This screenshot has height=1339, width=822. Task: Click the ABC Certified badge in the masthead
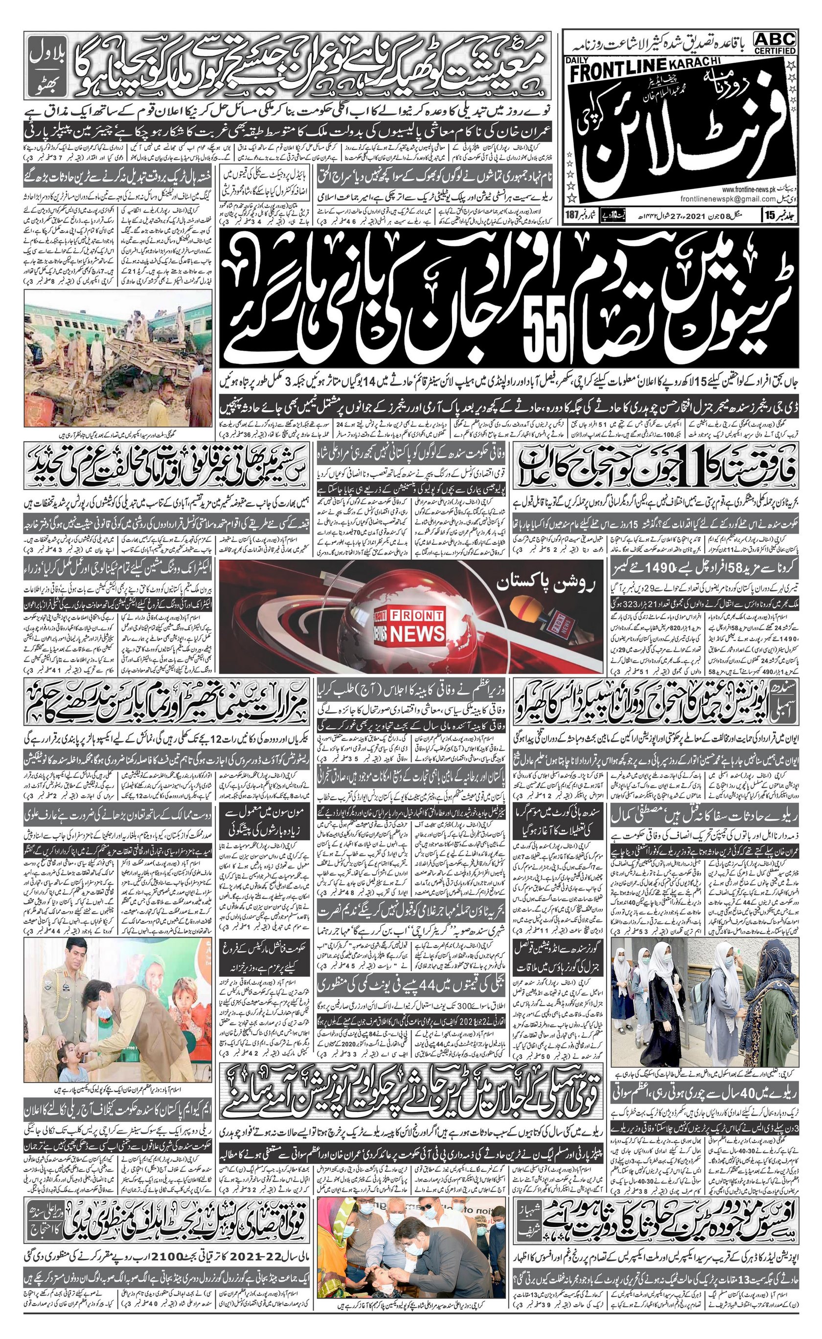pyautogui.click(x=775, y=43)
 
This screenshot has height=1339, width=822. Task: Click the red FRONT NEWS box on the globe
pyautogui.click(x=412, y=625)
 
